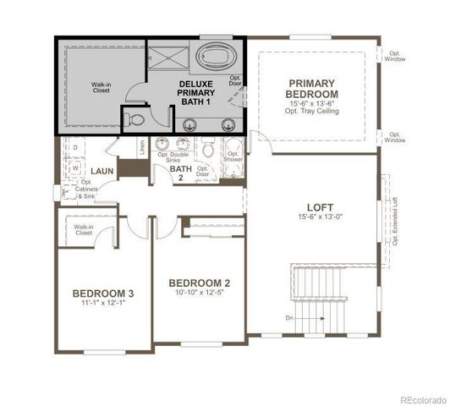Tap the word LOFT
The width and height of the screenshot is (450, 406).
(x=320, y=207)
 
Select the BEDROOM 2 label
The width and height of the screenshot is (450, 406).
(x=200, y=283)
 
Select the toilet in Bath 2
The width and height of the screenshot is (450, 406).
(x=207, y=151)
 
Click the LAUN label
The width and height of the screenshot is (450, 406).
(x=103, y=171)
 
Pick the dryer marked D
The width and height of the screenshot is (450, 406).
(x=75, y=148)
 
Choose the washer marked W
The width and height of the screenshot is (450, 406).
(x=75, y=167)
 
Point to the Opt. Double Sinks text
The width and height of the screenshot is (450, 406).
(x=173, y=157)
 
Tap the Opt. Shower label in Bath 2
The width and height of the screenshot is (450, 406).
(x=233, y=156)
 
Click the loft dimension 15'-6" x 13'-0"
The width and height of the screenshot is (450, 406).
(x=320, y=218)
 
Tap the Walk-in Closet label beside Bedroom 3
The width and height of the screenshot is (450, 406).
(x=83, y=229)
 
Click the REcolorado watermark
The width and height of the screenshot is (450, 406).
(x=423, y=399)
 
